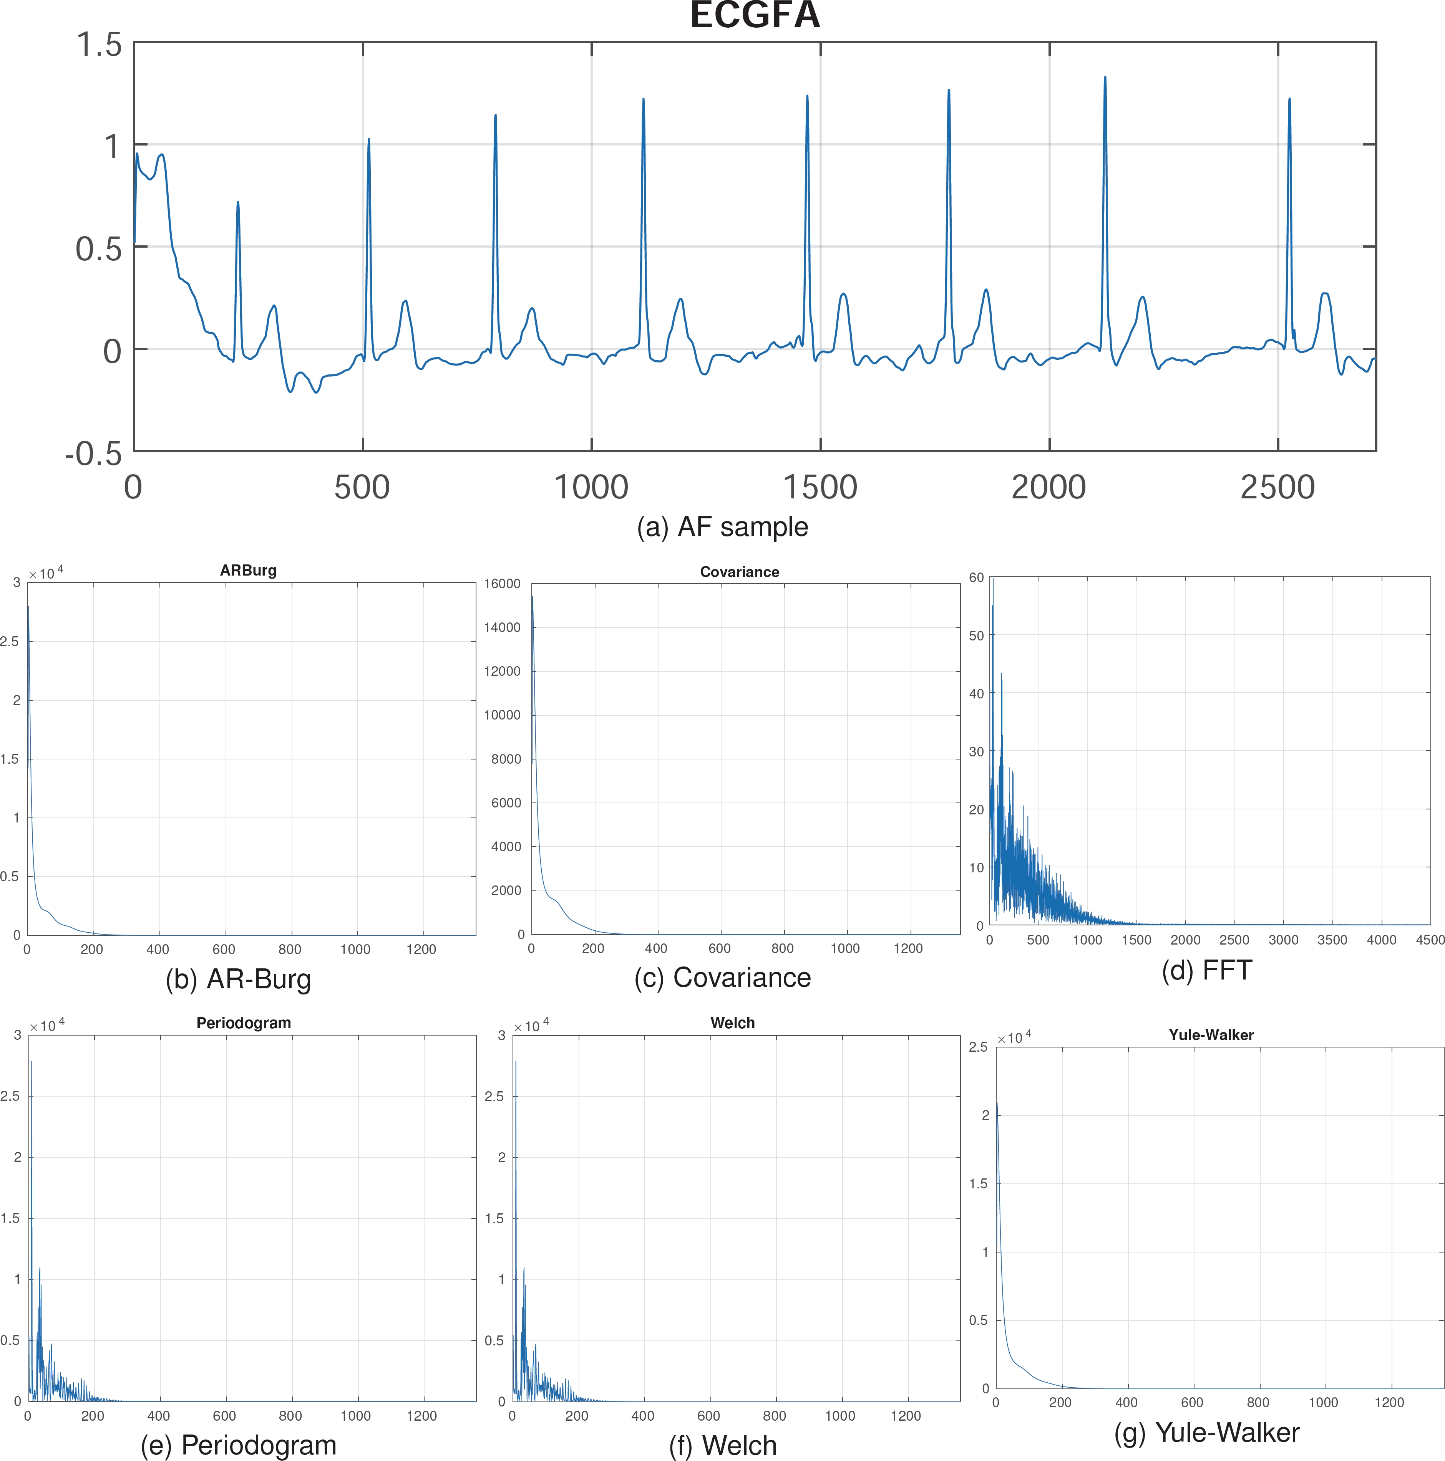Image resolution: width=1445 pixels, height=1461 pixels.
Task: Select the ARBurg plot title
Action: click(248, 570)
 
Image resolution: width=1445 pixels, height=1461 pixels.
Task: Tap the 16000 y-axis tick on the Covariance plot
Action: click(502, 584)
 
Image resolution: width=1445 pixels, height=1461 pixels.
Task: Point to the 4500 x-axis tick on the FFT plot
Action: click(1430, 940)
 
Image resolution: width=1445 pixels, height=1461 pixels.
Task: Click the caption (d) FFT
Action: click(1207, 970)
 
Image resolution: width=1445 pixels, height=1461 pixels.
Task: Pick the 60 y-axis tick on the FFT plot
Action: click(977, 578)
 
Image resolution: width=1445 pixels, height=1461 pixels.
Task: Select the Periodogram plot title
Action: click(244, 1023)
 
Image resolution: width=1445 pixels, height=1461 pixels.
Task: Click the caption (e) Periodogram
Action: click(238, 1445)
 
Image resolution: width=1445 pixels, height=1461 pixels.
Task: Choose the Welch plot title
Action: click(732, 1023)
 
